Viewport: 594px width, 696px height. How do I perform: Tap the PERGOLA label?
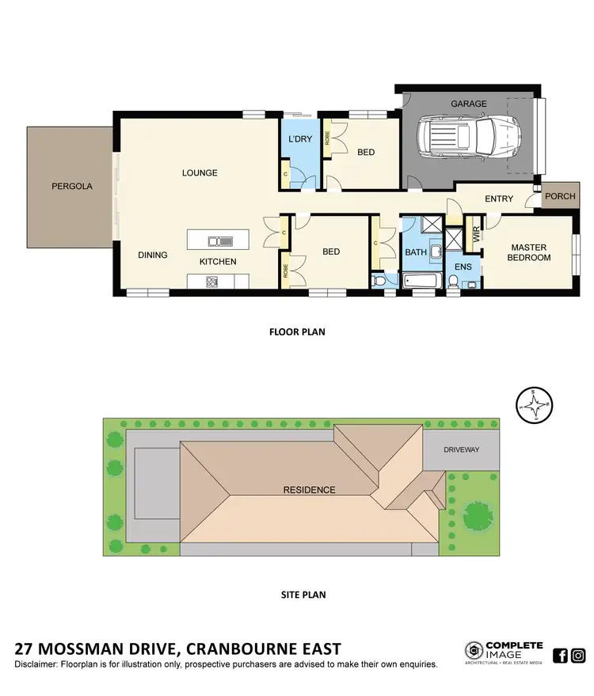pyautogui.click(x=72, y=187)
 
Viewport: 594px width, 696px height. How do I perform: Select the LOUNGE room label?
pyautogui.click(x=200, y=173)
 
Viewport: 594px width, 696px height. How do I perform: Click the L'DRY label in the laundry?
pyautogui.click(x=299, y=139)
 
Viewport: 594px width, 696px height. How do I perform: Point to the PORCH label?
pyautogui.click(x=560, y=196)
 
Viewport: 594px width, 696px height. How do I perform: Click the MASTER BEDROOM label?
pyautogui.click(x=529, y=252)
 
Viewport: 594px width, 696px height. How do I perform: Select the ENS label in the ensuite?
pyautogui.click(x=463, y=267)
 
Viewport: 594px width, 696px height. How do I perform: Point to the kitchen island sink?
pyautogui.click(x=219, y=241)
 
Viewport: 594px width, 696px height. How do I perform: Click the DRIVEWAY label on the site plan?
pyautogui.click(x=462, y=449)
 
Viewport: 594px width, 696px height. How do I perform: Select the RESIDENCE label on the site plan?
pyautogui.click(x=309, y=490)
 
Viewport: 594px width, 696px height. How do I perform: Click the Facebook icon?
pyautogui.click(x=560, y=655)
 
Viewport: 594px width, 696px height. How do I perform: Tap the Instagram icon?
pyautogui.click(x=579, y=655)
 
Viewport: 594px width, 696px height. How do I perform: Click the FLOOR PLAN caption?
pyautogui.click(x=297, y=332)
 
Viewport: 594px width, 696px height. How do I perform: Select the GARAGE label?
pyautogui.click(x=469, y=104)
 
